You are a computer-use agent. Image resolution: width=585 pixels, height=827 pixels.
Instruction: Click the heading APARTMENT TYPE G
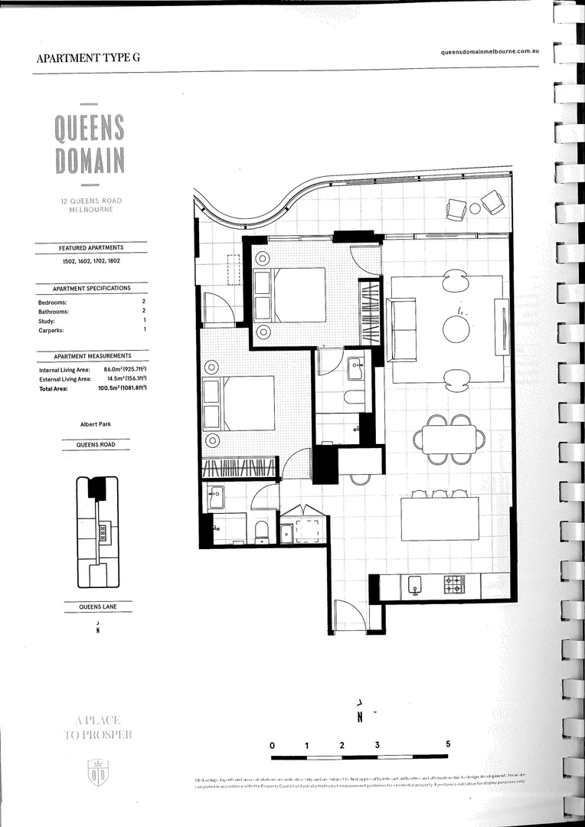(x=88, y=58)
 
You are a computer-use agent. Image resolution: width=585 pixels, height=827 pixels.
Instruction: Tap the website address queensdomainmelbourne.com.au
(x=492, y=51)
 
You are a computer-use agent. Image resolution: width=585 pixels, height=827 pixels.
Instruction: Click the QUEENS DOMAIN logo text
(x=90, y=144)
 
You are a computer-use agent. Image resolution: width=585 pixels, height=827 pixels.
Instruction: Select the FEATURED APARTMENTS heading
(x=91, y=248)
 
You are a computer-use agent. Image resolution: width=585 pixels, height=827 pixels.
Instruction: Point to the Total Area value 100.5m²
(x=122, y=389)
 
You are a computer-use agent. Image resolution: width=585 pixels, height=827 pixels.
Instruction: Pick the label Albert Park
(x=96, y=423)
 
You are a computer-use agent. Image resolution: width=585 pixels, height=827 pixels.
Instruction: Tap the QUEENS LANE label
(x=96, y=607)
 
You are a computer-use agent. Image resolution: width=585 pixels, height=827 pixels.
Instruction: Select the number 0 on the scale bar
(x=272, y=744)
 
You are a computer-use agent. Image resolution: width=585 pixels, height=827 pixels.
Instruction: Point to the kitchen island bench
(x=440, y=519)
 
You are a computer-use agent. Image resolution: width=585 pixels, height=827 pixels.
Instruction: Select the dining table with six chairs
(x=449, y=440)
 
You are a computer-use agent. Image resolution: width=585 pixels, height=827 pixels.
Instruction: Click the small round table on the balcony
(x=475, y=208)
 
